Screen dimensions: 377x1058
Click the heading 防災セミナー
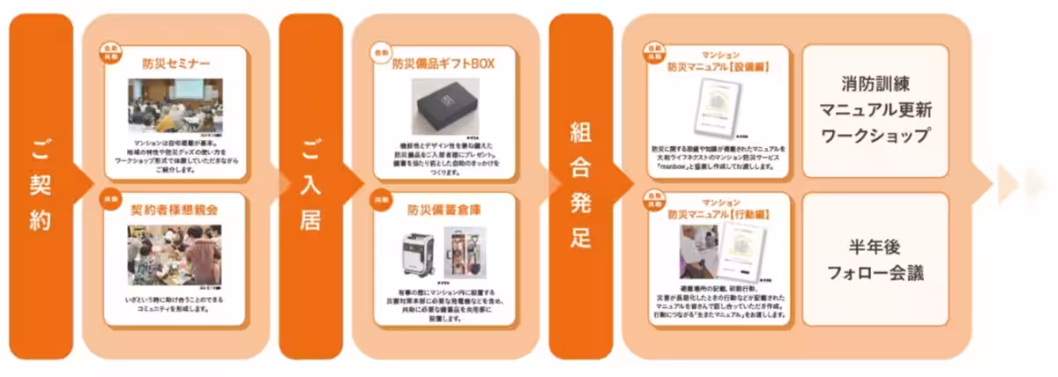click(x=175, y=63)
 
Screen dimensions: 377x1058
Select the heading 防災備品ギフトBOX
click(x=445, y=63)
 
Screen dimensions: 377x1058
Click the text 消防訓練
click(x=875, y=85)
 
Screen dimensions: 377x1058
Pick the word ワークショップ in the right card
click(x=875, y=137)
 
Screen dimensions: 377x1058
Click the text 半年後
click(x=875, y=246)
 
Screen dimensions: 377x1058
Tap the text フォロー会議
click(x=875, y=273)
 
